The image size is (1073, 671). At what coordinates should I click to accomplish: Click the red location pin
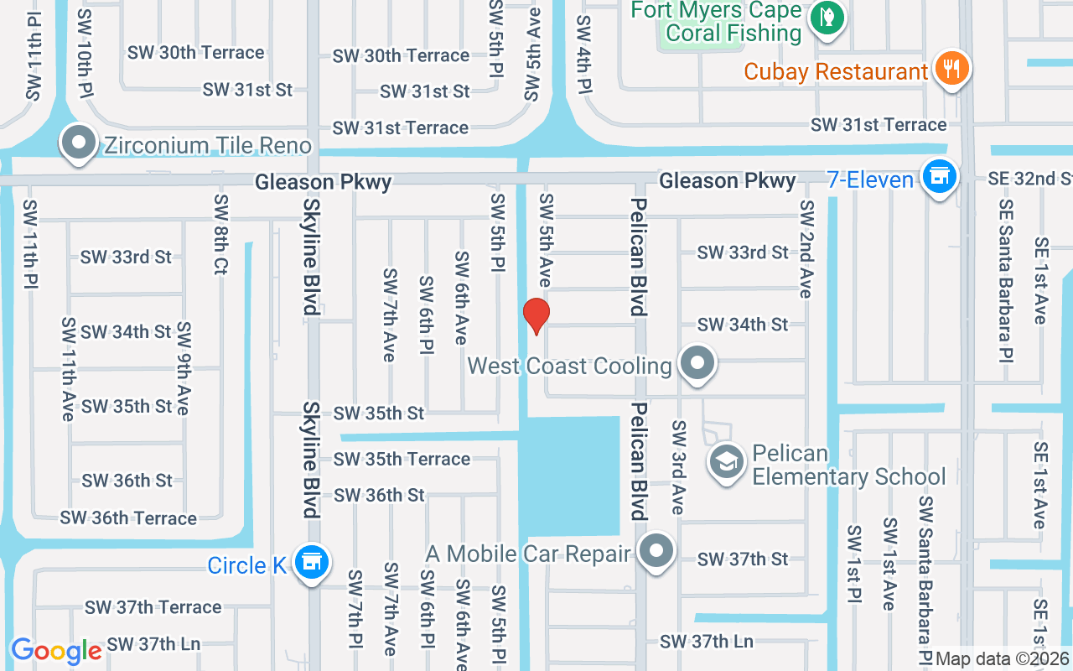click(536, 315)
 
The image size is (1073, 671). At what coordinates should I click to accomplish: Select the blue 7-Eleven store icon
click(940, 177)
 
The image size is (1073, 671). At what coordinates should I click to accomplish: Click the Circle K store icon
click(312, 562)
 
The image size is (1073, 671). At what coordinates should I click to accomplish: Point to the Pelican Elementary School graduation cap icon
click(726, 460)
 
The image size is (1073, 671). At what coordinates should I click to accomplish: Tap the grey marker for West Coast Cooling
click(696, 364)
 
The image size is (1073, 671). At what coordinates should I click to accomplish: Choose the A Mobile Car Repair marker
click(656, 551)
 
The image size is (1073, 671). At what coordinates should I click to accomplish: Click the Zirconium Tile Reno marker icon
click(80, 143)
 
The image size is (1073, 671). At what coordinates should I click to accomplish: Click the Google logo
click(56, 651)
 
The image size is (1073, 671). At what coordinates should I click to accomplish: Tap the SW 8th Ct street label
click(220, 235)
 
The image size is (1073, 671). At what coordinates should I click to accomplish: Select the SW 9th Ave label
click(184, 368)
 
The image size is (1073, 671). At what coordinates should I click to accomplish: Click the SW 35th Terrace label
click(402, 459)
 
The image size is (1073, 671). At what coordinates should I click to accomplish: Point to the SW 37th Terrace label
click(153, 606)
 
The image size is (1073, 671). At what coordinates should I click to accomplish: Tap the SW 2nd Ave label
click(806, 248)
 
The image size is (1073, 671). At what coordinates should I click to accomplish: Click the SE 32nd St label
click(1029, 179)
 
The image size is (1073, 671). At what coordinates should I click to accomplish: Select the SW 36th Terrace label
click(128, 518)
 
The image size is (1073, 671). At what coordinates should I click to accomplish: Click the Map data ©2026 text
click(1003, 658)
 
